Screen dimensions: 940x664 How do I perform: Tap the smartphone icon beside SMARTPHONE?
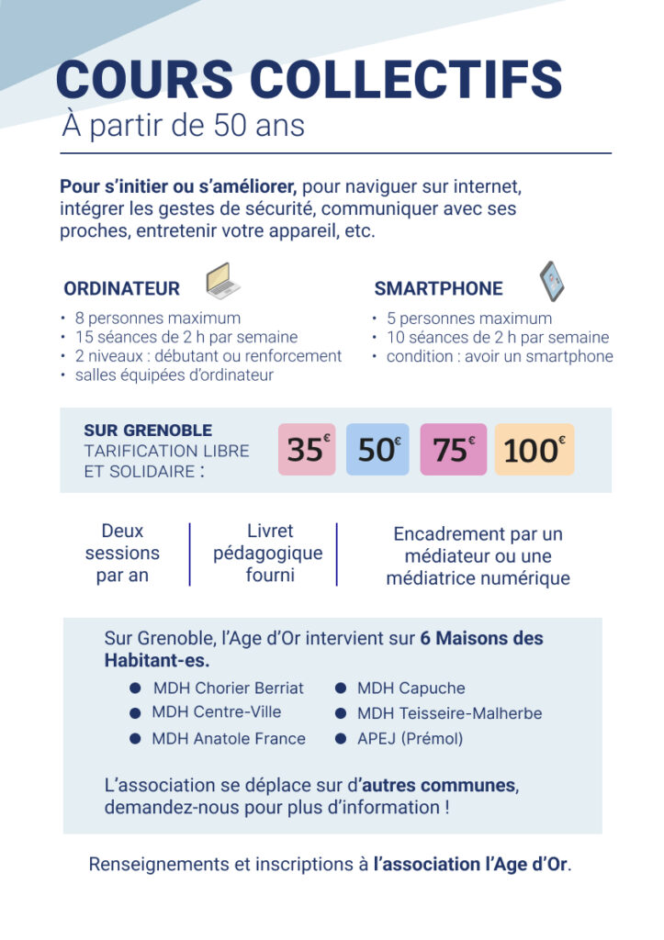click(551, 280)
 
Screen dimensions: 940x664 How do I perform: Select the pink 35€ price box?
click(307, 449)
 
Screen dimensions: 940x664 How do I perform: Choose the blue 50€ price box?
click(377, 449)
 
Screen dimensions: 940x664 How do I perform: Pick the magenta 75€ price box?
click(454, 449)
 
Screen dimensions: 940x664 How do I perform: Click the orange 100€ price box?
click(535, 449)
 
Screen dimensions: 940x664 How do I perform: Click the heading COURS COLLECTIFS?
click(309, 81)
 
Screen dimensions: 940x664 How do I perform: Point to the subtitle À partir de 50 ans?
click(183, 125)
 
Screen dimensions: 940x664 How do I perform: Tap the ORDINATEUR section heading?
click(121, 289)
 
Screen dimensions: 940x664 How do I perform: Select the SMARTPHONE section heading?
click(438, 289)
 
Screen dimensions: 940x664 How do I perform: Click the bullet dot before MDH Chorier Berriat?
click(135, 688)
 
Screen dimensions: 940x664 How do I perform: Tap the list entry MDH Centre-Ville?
click(217, 711)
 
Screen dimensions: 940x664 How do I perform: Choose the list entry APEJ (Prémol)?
click(410, 738)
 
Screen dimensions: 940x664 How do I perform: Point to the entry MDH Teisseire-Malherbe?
click(449, 713)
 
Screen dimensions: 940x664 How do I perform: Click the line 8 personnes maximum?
click(158, 319)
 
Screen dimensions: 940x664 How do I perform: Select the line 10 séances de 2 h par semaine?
click(497, 337)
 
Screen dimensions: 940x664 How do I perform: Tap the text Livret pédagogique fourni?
click(269, 554)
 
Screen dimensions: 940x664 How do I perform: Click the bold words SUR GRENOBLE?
click(148, 430)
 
